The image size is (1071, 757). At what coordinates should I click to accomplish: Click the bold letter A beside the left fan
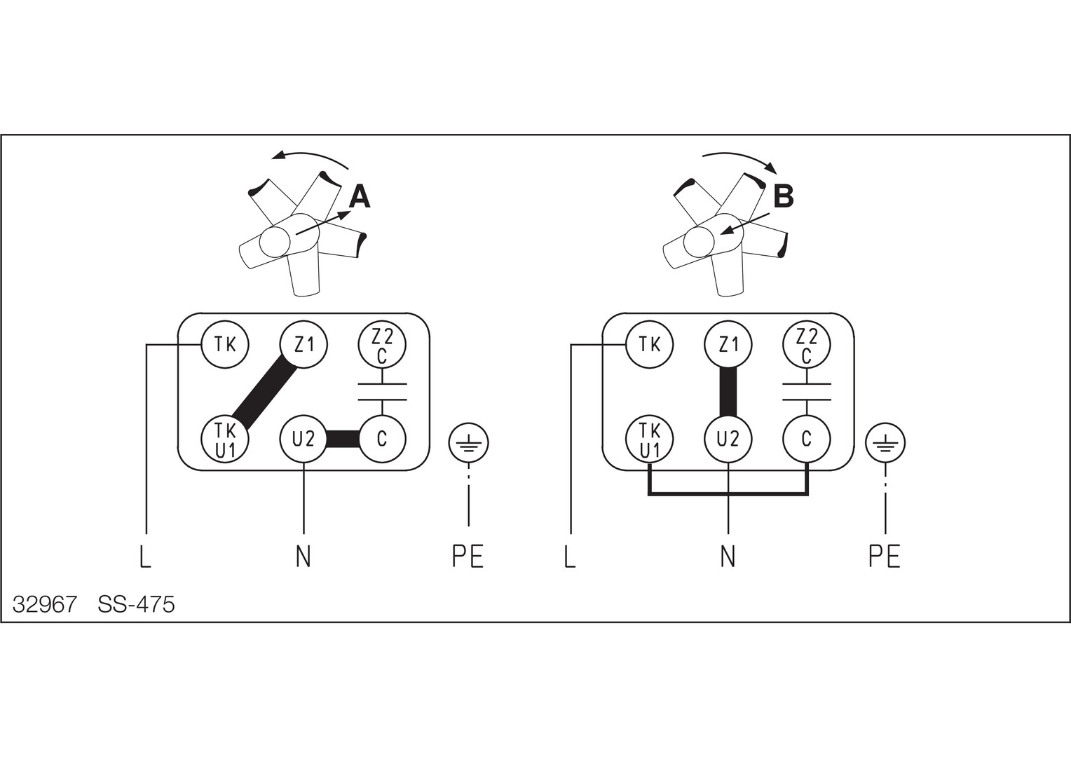point(359,197)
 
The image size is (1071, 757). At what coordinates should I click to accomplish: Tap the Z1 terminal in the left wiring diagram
point(303,344)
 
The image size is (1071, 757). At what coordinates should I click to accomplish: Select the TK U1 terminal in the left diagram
point(225,439)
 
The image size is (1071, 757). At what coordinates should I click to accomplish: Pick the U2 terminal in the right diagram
point(728,439)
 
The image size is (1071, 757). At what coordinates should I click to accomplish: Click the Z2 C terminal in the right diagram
point(807,345)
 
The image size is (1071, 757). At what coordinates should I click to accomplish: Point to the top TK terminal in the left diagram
point(225,344)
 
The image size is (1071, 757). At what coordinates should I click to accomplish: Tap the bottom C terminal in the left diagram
point(382,439)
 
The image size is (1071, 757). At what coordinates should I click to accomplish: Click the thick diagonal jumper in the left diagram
point(264,392)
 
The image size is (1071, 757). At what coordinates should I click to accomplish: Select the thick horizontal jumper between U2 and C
point(343,439)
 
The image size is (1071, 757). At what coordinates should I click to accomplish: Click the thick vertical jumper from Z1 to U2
point(728,392)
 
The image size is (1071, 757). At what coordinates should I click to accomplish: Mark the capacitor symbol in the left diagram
point(382,392)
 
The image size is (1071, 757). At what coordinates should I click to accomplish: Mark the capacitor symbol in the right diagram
point(807,392)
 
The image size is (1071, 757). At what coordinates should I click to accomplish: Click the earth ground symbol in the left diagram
point(468,443)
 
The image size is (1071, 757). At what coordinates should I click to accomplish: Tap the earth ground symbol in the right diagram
point(885,443)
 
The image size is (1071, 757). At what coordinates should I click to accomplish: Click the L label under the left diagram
point(145,557)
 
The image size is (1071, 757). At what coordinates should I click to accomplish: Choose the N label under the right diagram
point(728,557)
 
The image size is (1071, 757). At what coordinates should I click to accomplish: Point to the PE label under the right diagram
point(884,557)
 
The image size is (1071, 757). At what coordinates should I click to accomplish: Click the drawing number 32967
point(45,604)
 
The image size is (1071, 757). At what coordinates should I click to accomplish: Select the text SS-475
point(137,604)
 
